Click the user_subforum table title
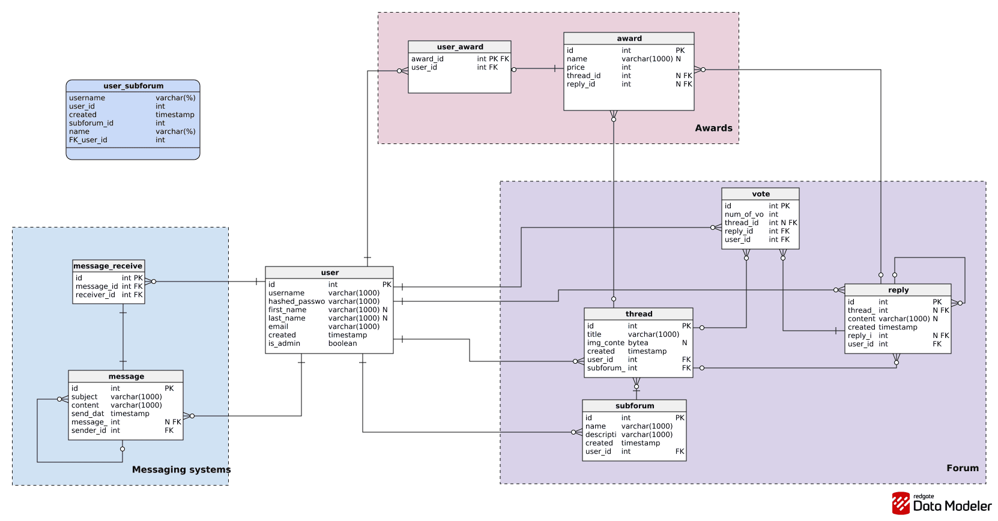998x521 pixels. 133,86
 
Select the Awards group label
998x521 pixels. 713,128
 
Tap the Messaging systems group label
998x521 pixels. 181,469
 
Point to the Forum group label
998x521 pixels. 962,468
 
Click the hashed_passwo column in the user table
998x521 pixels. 296,301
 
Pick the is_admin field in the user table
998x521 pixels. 284,343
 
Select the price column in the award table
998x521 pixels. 575,67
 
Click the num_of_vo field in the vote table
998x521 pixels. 743,214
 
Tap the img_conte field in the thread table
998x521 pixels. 605,343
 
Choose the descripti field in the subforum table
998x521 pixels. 600,435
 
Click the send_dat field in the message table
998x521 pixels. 88,414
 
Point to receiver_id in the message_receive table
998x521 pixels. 95,295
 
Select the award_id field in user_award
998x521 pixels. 427,59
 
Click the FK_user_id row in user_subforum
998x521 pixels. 88,140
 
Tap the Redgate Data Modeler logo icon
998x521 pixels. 900,504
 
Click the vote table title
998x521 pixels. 760,194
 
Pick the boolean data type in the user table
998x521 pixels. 342,343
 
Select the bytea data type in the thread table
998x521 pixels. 638,343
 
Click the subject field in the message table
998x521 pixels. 84,397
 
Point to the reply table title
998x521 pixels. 898,290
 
